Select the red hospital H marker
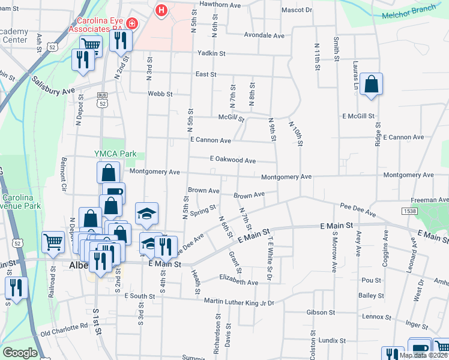pos(161,10)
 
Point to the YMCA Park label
pos(116,154)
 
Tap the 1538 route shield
pos(410,211)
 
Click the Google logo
pos(20,353)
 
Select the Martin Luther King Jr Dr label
pos(239,302)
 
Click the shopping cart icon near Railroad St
pos(53,241)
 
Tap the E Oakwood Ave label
pos(233,160)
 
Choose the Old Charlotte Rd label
pos(64,330)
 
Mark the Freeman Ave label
pos(430,200)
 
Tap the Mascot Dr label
pos(297,10)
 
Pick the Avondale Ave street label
pos(264,35)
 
